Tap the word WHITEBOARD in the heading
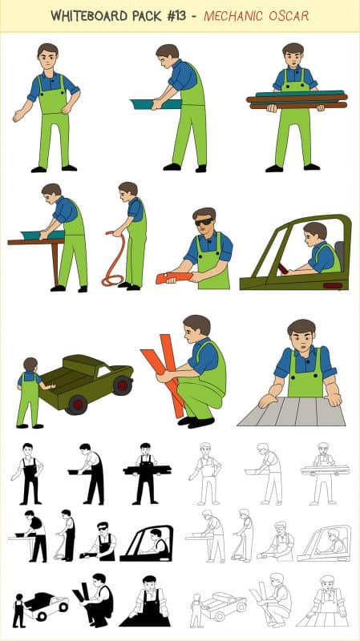point(89,16)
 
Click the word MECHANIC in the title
point(233,16)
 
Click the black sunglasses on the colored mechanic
point(204,222)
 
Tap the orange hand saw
point(173,277)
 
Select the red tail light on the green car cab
point(333,285)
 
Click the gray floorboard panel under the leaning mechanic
point(292,411)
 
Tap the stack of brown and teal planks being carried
point(297,99)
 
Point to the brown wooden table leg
point(55,264)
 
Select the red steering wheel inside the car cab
point(283,268)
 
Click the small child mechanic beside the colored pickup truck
point(30,393)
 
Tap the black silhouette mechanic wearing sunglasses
point(100,542)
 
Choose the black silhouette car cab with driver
point(147,543)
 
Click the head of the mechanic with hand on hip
point(48,56)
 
